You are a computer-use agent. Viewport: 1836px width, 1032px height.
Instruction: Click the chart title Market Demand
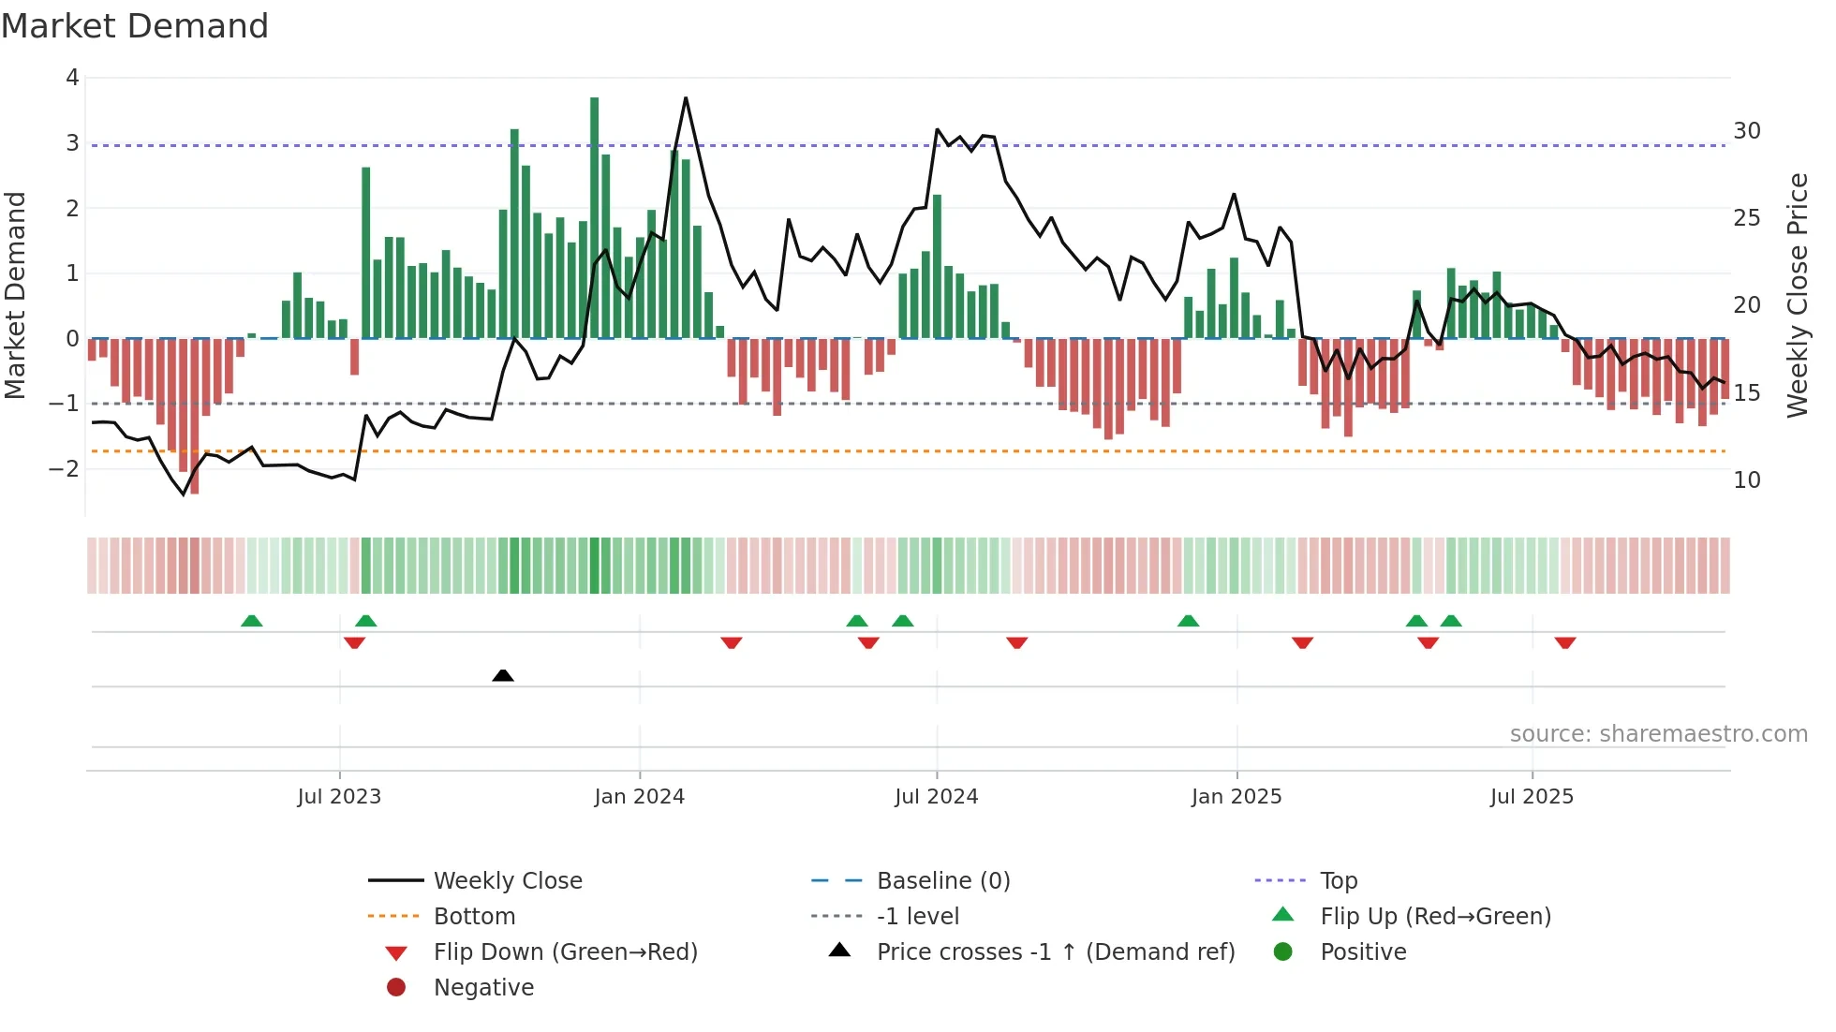point(135,26)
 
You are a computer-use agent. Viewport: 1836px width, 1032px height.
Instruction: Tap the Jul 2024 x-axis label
point(936,797)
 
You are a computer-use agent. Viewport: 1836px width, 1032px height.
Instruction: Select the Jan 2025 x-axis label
point(1236,797)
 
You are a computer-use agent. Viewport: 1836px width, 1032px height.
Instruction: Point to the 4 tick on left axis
point(72,78)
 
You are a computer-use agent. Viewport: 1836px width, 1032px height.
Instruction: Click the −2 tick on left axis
point(66,468)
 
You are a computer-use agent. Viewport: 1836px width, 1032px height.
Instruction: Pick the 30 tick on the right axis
point(1746,131)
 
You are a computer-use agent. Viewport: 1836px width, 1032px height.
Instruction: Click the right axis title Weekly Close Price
point(1797,295)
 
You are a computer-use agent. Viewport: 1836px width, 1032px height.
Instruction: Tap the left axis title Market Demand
point(16,295)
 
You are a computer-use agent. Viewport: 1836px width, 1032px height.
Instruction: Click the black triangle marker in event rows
point(503,675)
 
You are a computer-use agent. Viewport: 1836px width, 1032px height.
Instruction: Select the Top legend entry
point(1338,881)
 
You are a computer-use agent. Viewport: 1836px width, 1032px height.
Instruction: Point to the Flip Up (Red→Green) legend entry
point(1435,917)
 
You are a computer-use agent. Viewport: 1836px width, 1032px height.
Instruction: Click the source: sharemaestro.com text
point(1658,734)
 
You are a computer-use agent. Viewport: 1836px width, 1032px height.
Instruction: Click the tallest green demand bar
point(594,215)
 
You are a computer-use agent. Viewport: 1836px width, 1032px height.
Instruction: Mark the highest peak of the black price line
point(686,98)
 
